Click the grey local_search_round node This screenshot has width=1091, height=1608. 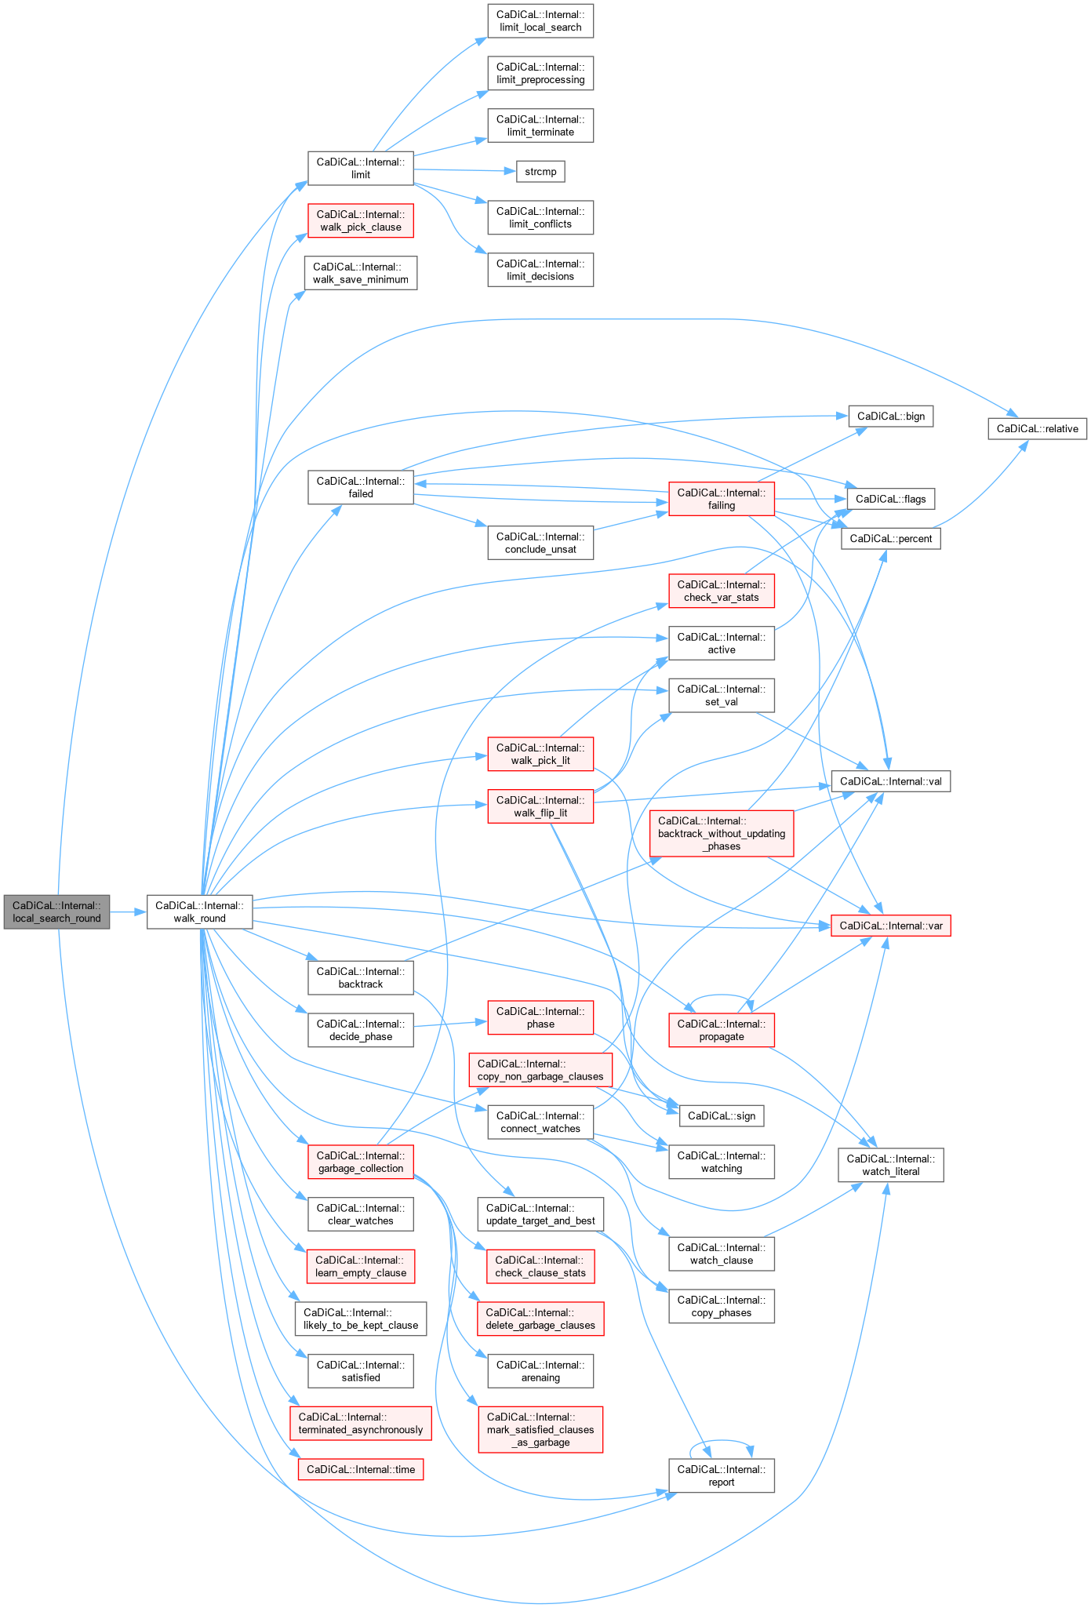(56, 911)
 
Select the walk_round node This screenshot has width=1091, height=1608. (199, 911)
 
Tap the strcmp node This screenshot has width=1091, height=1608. (540, 171)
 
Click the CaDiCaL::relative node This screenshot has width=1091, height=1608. (1037, 428)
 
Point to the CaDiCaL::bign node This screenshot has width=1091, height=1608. (890, 416)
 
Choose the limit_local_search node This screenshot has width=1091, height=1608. (540, 21)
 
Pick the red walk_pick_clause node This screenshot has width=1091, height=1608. (360, 220)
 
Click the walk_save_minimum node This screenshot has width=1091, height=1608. (360, 273)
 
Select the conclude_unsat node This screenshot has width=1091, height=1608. (540, 543)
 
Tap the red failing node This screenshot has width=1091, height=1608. (721, 499)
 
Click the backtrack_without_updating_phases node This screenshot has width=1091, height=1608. (721, 833)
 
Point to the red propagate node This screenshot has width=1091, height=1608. (721, 1030)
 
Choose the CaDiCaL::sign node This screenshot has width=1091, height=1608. (721, 1115)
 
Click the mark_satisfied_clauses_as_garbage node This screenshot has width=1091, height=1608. (540, 1429)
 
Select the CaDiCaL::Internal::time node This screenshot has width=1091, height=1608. (360, 1469)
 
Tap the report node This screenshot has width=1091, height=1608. (721, 1475)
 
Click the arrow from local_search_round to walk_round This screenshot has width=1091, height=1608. (129, 911)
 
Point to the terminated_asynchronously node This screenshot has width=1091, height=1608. (360, 1423)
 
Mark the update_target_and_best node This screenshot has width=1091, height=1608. (540, 1214)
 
